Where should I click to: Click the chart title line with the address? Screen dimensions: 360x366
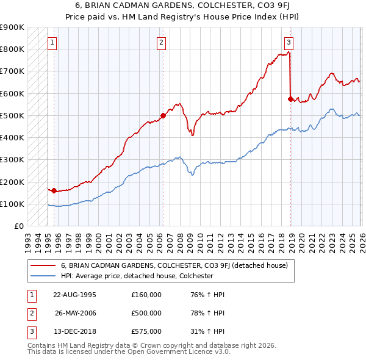[x=182, y=5]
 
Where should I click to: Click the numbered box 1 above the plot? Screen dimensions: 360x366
[x=53, y=43]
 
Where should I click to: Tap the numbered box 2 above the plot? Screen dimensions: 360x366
[x=161, y=43]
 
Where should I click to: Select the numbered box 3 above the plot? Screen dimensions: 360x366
[x=289, y=43]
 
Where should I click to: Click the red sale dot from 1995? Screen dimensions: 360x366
[x=54, y=191]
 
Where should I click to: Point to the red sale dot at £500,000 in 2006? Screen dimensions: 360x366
[x=163, y=115]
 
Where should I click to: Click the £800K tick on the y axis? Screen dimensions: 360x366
[x=12, y=49]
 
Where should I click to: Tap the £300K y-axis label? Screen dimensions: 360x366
[x=12, y=160]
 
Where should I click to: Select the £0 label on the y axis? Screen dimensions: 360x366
[x=18, y=226]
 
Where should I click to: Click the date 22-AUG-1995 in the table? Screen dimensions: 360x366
[x=74, y=295]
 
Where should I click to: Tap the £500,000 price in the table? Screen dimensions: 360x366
[x=146, y=313]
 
